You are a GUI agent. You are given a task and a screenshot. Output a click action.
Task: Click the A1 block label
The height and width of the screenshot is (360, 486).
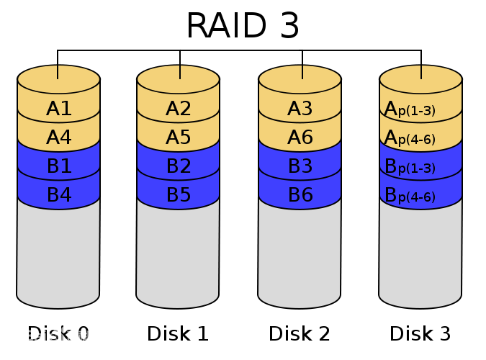pos(59,109)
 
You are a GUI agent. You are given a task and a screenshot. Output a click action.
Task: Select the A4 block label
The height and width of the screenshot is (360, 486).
pos(59,138)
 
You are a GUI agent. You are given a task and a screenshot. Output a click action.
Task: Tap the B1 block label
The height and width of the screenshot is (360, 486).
pos(59,166)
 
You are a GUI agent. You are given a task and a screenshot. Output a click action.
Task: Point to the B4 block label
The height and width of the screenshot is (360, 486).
pos(59,195)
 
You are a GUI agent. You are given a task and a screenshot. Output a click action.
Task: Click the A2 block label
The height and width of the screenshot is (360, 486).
pos(179,109)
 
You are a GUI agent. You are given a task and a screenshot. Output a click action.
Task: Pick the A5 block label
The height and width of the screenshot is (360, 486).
pos(179,138)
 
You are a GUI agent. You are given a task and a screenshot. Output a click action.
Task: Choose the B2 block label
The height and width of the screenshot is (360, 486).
pos(179,166)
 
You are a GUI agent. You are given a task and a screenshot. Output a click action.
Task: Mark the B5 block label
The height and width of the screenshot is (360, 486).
pos(179,195)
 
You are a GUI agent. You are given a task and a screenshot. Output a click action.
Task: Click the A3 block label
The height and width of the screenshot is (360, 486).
pos(300,109)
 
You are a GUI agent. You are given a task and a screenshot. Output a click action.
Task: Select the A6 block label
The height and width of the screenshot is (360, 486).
pos(300,138)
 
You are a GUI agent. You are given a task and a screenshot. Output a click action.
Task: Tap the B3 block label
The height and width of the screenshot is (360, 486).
pos(300,166)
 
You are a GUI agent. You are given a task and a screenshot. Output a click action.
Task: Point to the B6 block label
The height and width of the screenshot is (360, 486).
pos(300,195)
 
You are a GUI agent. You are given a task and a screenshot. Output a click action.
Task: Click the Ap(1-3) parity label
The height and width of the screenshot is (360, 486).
pos(410,109)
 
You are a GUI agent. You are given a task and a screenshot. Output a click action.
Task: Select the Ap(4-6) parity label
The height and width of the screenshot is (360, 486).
pos(410,138)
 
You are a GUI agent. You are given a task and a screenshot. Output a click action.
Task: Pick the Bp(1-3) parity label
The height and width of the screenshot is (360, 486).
pos(410,167)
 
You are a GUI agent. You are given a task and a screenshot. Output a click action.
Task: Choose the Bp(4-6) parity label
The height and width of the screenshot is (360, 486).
pos(410,196)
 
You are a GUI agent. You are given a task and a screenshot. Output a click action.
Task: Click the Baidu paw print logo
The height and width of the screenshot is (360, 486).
pos(56,331)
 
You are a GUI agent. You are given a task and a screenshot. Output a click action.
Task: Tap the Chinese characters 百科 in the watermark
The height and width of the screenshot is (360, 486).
pos(78,336)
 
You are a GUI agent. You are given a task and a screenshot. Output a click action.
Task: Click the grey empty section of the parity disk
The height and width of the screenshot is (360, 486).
pos(420,252)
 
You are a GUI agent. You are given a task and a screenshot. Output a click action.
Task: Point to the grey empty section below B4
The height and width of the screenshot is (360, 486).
pos(58,252)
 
